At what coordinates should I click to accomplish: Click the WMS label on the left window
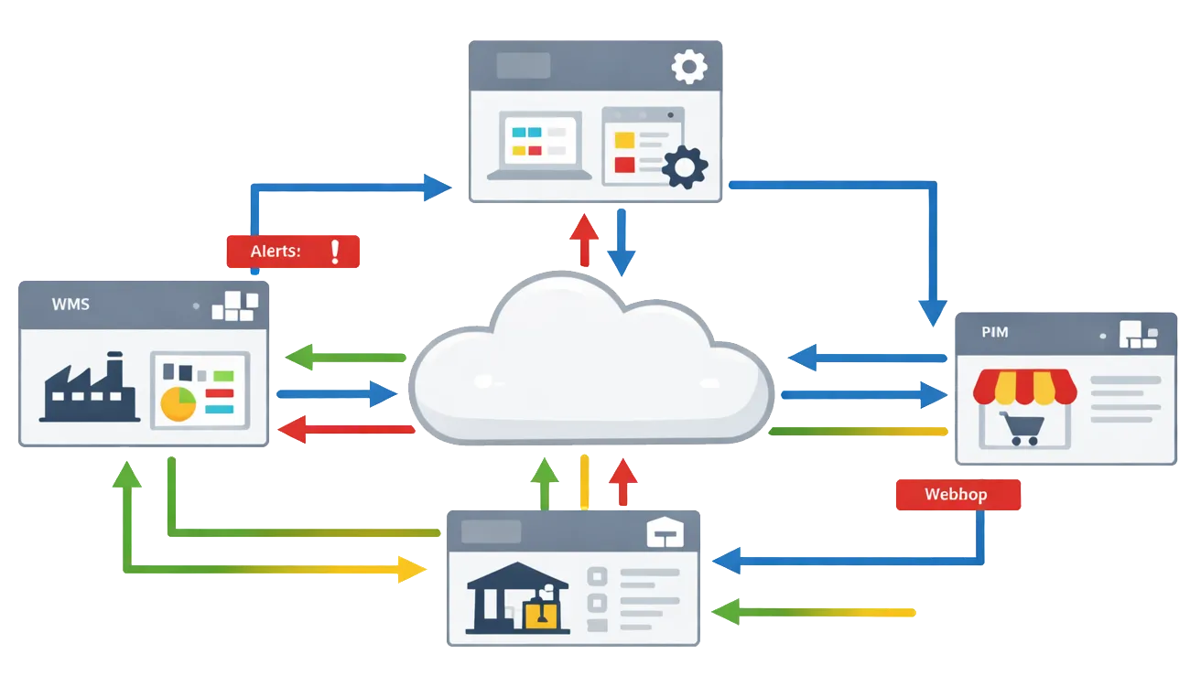click(70, 304)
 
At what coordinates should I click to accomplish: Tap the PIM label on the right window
click(995, 332)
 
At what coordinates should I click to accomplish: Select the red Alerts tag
click(293, 252)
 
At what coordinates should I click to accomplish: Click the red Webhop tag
click(958, 495)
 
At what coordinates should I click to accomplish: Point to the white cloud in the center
click(590, 366)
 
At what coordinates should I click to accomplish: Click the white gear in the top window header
click(689, 67)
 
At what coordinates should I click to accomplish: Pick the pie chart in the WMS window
click(178, 403)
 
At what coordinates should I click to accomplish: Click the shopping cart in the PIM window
click(1019, 427)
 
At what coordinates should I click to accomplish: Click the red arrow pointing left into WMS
click(343, 429)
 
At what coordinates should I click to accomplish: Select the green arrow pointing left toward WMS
click(343, 357)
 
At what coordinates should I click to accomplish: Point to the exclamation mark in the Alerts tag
click(335, 252)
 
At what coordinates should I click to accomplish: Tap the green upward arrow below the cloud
click(545, 482)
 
